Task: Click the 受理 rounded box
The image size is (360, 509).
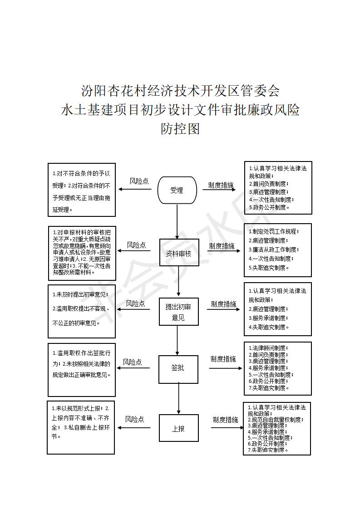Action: pos(177,190)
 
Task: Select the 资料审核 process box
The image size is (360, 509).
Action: pos(179,253)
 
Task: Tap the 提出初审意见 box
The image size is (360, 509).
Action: pos(178,312)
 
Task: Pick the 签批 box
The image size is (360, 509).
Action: pos(178,369)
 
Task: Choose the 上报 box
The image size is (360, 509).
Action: pos(179,428)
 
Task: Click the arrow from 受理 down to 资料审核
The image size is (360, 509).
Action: pos(177,222)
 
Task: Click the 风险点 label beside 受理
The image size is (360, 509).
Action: pos(139,181)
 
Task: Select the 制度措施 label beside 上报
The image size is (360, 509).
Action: pos(225,420)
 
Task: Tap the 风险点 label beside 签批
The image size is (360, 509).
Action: pos(132,362)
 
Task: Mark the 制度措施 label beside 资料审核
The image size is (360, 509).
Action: pos(222,246)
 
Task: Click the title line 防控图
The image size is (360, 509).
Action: pos(180,129)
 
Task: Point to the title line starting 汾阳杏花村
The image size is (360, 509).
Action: pos(180,91)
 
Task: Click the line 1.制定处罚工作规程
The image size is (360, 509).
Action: pos(274,231)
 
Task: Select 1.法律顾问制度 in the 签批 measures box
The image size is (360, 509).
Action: pos(268,348)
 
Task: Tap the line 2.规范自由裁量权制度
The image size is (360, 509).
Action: pos(276,420)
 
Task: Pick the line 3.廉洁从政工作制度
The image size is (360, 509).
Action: pos(274,250)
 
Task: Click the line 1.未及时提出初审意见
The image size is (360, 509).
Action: pos(80,295)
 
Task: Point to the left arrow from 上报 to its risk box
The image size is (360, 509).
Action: pos(134,428)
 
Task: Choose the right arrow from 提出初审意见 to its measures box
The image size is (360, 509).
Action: pos(223,309)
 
